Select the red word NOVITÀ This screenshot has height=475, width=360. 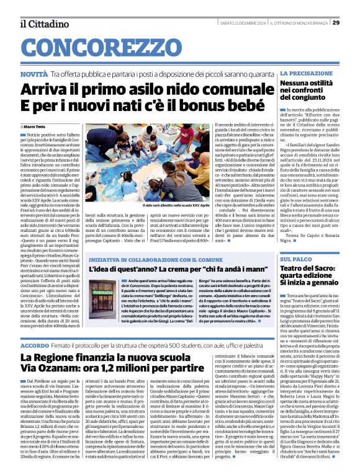pos(34,74)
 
